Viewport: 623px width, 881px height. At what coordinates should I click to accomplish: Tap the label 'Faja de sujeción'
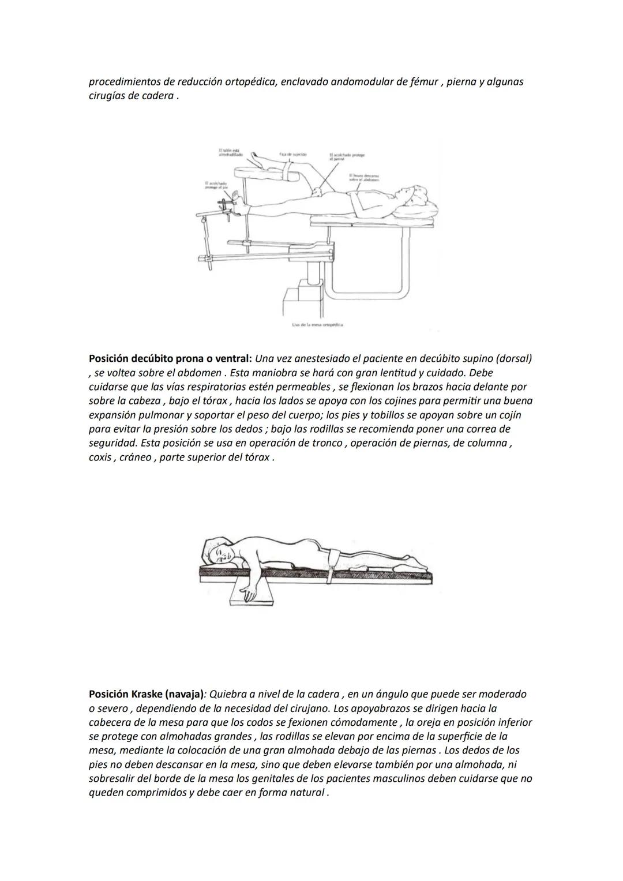click(x=292, y=155)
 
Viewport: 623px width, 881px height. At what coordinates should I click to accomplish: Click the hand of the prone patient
click(x=249, y=594)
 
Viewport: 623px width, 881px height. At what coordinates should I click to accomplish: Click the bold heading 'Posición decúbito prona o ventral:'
click(x=171, y=358)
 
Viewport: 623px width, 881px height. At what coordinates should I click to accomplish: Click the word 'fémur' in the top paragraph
click(x=424, y=82)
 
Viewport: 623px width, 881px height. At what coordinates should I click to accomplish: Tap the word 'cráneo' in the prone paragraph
click(x=134, y=458)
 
